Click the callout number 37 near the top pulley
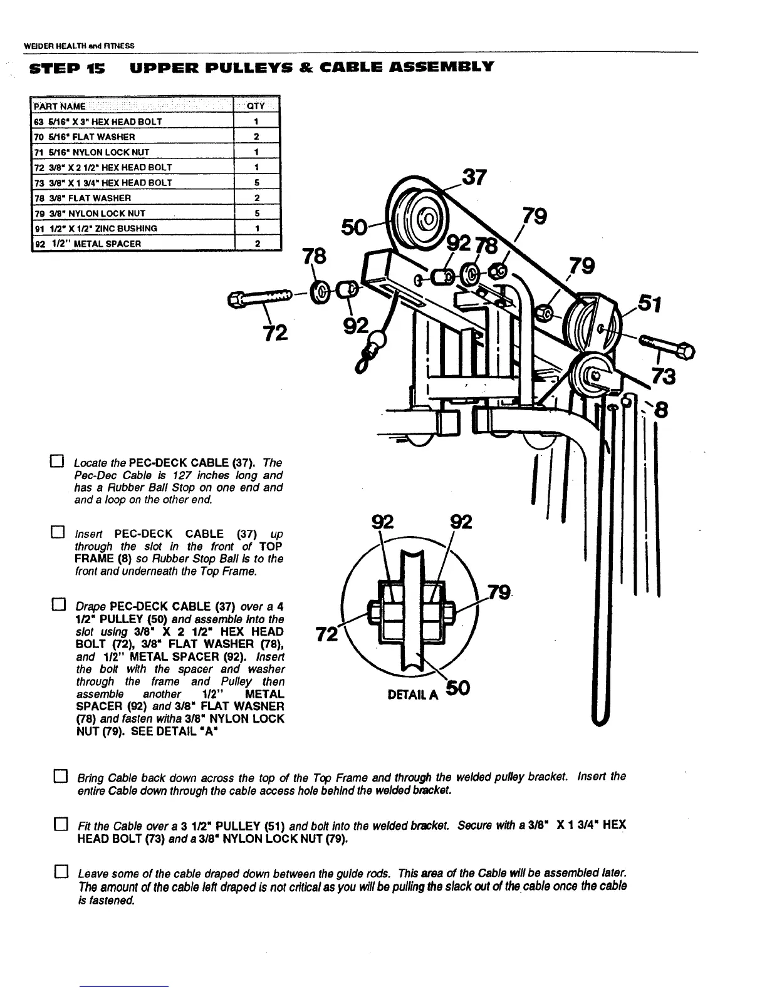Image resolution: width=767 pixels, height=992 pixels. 474,177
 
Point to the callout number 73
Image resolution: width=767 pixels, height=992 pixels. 664,376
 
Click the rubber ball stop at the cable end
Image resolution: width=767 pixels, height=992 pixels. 377,342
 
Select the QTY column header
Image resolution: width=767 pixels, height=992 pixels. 256,106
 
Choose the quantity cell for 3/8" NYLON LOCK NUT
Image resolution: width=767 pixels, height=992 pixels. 257,213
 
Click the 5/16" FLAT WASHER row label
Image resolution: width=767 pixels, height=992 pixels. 88,137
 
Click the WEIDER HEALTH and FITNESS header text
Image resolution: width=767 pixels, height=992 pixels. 79,46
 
